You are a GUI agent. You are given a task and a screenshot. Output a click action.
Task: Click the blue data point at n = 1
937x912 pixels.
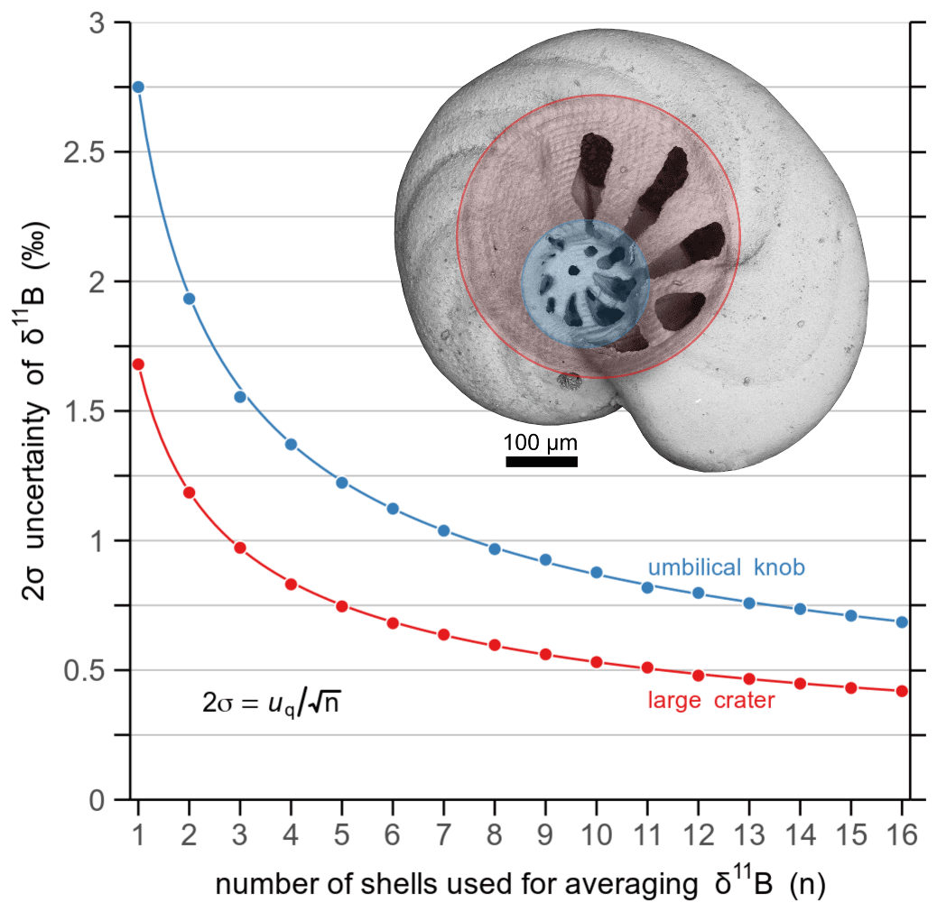[x=138, y=87]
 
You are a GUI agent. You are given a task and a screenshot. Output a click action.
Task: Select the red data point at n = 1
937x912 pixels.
[x=138, y=364]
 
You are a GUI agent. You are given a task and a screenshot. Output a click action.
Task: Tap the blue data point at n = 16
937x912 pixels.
[x=902, y=622]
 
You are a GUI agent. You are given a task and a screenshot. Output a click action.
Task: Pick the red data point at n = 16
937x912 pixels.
[x=902, y=691]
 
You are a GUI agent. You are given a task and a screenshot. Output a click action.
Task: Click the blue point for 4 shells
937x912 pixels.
[x=291, y=444]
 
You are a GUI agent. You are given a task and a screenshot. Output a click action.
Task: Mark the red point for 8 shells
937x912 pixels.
[x=494, y=645]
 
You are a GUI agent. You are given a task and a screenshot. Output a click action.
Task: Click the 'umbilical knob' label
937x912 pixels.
[x=726, y=567]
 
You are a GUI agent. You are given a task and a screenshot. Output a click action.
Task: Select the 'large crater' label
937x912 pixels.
[x=711, y=700]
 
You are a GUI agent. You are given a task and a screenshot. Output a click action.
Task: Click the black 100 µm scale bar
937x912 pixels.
[x=541, y=462]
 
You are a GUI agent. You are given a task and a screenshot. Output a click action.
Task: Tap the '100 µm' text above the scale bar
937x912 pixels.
[x=540, y=443]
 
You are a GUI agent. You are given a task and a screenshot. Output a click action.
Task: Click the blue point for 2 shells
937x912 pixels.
[x=189, y=299]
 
